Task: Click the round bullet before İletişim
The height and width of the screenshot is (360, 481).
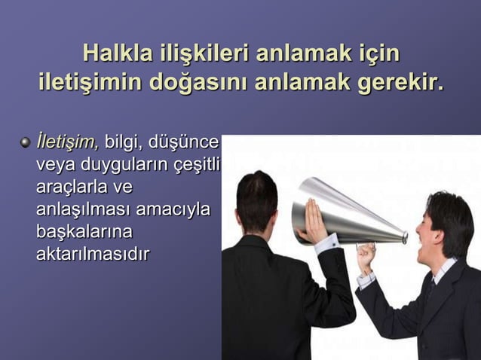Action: pos(25,141)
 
